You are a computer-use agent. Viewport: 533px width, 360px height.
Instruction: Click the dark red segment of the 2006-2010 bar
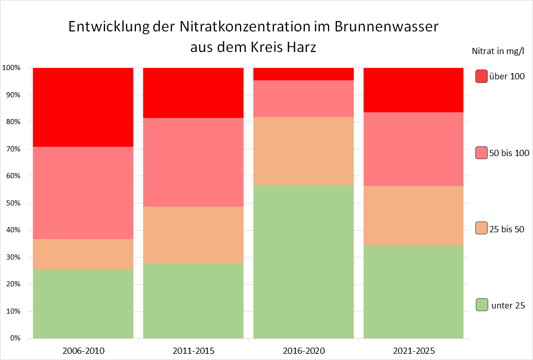[x=83, y=107]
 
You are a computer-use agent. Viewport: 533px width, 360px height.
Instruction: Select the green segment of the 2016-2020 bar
[x=303, y=261]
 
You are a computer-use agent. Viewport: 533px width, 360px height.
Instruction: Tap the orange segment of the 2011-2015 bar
[x=193, y=235]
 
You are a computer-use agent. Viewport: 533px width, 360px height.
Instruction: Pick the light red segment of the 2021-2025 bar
[x=414, y=149]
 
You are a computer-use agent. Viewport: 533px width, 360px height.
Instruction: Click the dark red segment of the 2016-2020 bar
[x=303, y=74]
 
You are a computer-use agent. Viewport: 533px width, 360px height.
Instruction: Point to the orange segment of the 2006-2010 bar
[x=83, y=254]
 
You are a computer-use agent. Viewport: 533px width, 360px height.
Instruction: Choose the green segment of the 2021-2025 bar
[x=414, y=291]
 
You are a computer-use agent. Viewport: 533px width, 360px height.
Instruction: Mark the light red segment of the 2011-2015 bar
[x=193, y=162]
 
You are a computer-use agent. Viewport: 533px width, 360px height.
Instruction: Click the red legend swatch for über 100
[x=482, y=76]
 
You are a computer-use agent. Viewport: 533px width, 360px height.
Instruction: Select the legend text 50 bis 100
[x=509, y=153]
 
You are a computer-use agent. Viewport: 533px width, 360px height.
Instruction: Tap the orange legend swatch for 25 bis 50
[x=482, y=228]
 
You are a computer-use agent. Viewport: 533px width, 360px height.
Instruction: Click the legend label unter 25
[x=508, y=305]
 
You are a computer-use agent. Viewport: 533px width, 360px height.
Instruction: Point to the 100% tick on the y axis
[x=11, y=68]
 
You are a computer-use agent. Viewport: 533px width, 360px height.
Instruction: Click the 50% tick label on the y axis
[x=13, y=203]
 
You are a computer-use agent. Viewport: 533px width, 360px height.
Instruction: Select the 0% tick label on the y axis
[x=14, y=338]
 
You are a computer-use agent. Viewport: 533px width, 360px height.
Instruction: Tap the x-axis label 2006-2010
[x=83, y=351]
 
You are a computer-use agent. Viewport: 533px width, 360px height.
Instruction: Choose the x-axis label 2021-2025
[x=414, y=351]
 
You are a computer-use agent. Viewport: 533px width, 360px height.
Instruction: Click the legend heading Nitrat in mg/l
[x=497, y=50]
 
